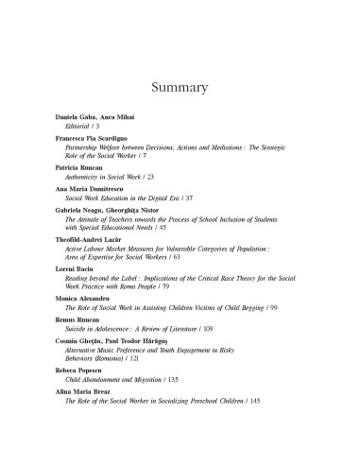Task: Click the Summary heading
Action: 180,88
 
